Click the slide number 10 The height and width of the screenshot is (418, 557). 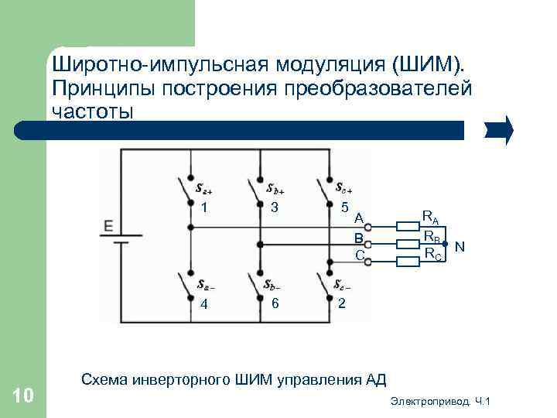23,396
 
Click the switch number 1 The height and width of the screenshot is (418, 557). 203,207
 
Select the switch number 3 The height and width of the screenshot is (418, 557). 274,207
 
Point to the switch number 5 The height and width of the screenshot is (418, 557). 343,207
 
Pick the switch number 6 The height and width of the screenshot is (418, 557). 275,302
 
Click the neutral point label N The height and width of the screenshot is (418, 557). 460,246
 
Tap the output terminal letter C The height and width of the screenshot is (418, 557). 359,254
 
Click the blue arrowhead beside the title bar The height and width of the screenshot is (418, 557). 499,130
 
